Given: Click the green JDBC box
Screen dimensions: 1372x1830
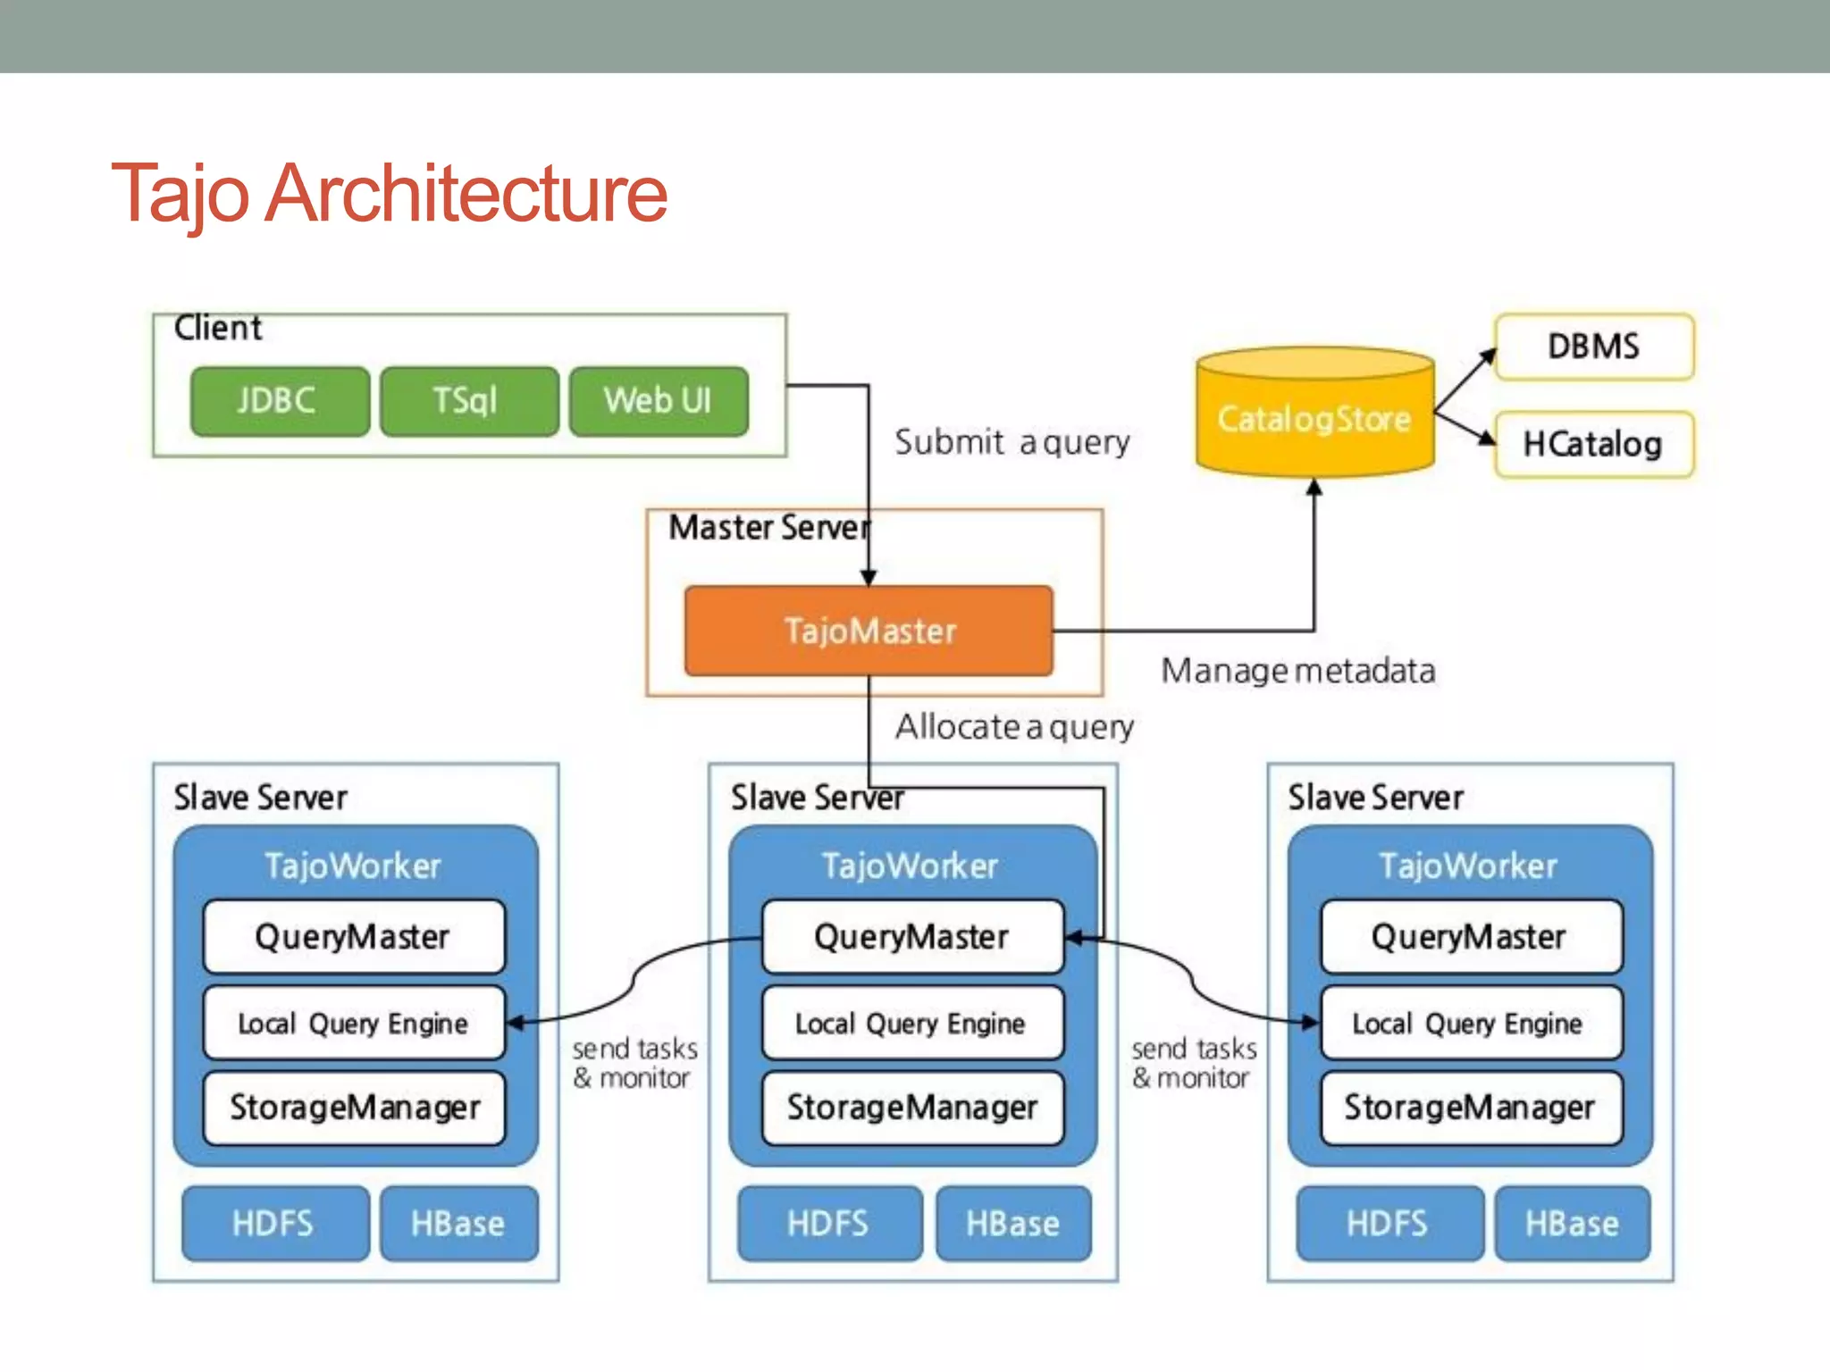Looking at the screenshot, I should point(279,401).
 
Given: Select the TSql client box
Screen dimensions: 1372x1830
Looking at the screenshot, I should point(468,401).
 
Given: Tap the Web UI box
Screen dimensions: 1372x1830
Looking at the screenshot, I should point(659,401).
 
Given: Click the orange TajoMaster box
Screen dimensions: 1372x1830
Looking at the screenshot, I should point(869,631).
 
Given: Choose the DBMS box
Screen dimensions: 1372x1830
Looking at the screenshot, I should point(1593,347).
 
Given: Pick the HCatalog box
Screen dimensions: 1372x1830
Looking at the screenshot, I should point(1593,444).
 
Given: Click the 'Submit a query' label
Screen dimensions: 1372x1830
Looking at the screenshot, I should point(1012,442).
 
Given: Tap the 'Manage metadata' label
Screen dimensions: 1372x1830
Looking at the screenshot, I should point(1297,671).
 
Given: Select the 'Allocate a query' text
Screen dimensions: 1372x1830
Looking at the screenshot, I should point(1014,727).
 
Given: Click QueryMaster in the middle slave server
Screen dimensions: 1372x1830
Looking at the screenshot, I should point(911,937).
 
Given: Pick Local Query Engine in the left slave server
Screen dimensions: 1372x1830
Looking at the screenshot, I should point(353,1023).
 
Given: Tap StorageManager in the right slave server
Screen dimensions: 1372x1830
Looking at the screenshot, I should point(1470,1108).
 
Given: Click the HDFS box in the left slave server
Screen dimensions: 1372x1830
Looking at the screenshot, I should point(273,1223).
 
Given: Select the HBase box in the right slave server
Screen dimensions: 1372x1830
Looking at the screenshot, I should point(1572,1223).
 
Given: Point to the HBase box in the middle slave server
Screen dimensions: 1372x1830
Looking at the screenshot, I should point(1012,1223).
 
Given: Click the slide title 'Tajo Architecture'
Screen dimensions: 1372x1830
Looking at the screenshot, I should point(389,193).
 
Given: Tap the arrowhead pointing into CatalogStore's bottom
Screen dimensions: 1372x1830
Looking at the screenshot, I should point(1314,488).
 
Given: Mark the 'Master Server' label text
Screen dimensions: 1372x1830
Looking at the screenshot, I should point(768,528).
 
